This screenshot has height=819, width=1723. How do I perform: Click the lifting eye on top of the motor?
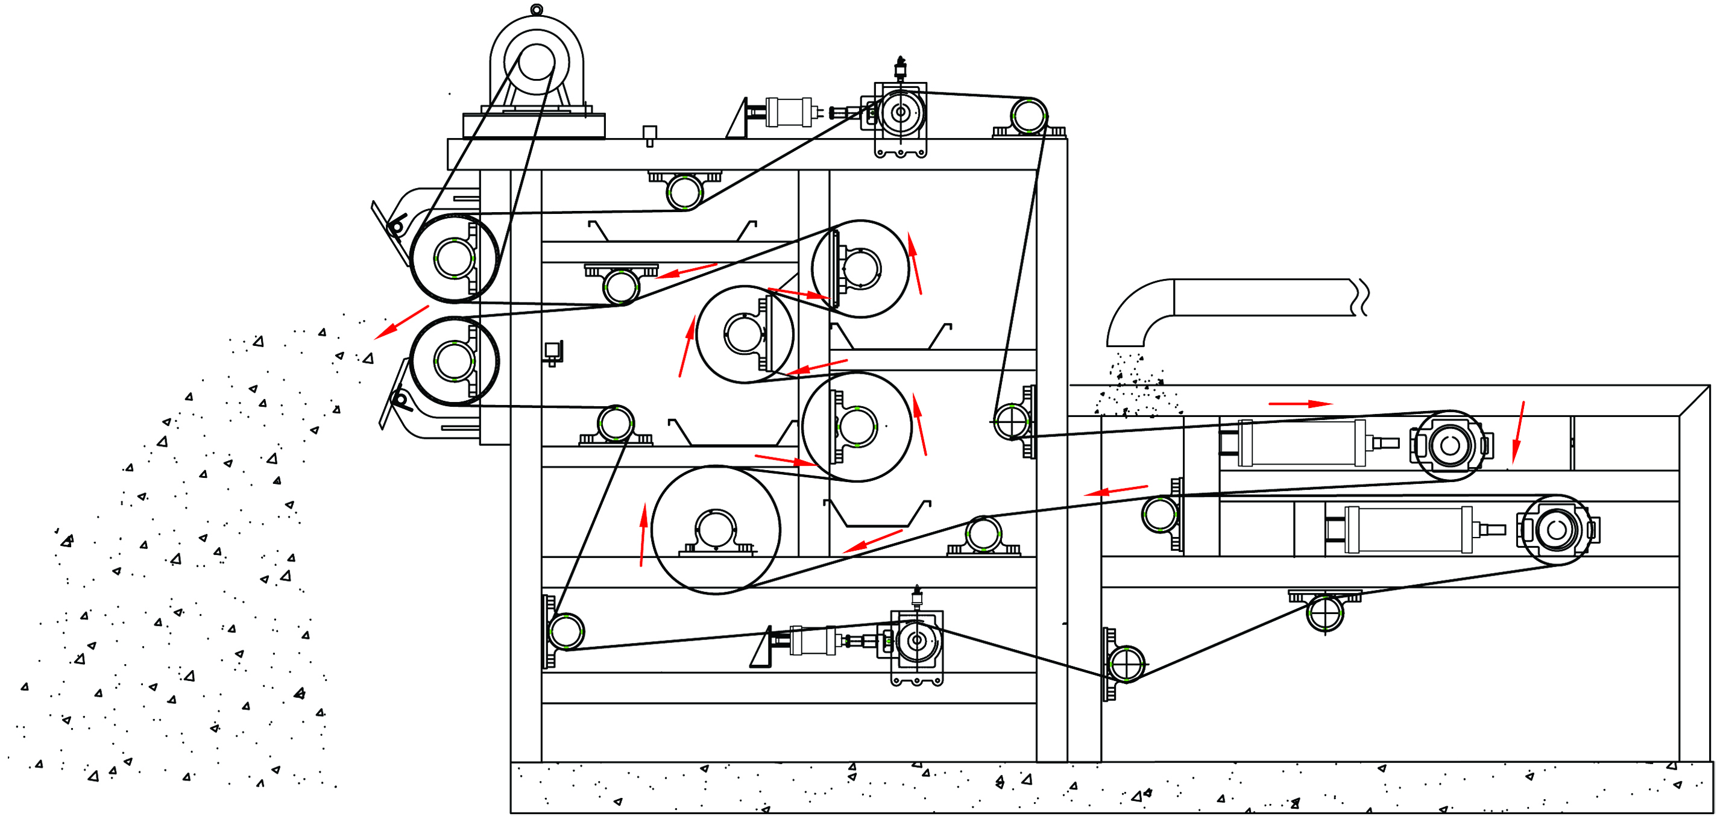pos(536,10)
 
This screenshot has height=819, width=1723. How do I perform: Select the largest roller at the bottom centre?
pos(715,530)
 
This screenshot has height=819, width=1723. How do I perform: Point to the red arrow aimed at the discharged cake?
pos(401,322)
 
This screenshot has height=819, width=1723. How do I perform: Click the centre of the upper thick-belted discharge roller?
pos(453,258)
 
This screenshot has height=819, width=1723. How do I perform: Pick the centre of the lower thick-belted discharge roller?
pos(453,360)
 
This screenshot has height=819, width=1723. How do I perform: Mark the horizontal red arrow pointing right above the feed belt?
pos(1300,404)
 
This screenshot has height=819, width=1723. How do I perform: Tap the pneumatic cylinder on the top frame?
pos(789,111)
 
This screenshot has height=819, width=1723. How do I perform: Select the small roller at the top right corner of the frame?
pos(1028,116)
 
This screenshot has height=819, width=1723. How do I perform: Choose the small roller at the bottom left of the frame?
pos(565,631)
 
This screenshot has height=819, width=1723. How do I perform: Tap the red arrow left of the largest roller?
pos(643,535)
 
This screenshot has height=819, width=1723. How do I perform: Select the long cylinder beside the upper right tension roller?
pos(1302,442)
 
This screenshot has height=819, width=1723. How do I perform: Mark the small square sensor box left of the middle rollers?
pos(552,351)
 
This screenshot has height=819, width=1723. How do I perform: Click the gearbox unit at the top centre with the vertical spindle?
pos(900,114)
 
